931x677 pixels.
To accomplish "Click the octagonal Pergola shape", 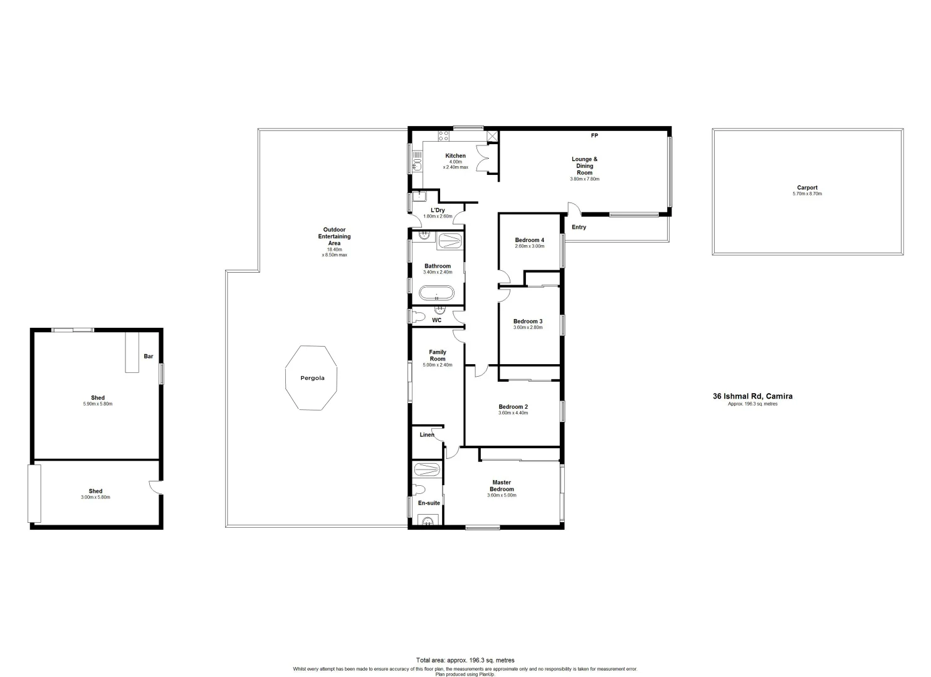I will coord(312,378).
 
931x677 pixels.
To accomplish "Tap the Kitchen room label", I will coord(455,156).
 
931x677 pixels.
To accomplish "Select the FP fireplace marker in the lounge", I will coord(594,136).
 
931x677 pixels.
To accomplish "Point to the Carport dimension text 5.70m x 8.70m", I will coord(807,194).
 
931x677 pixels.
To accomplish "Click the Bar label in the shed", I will coord(149,357).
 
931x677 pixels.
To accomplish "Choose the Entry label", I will coord(579,228).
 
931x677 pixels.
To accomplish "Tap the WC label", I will coord(437,320).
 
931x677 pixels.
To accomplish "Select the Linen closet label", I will coord(426,435).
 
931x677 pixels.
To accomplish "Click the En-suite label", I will coord(429,503).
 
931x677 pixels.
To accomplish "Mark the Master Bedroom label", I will coord(502,486).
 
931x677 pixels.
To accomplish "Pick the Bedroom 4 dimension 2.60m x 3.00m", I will coord(529,246).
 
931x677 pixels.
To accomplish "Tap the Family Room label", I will coord(437,355).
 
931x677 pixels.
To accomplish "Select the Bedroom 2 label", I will coord(513,407).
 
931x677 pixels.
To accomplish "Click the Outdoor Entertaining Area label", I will coord(334,236).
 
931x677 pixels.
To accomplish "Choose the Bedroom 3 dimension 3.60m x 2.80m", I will coord(528,328).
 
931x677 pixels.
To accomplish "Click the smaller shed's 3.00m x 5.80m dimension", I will coord(95,498).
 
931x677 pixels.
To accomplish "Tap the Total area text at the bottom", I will coord(465,660).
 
